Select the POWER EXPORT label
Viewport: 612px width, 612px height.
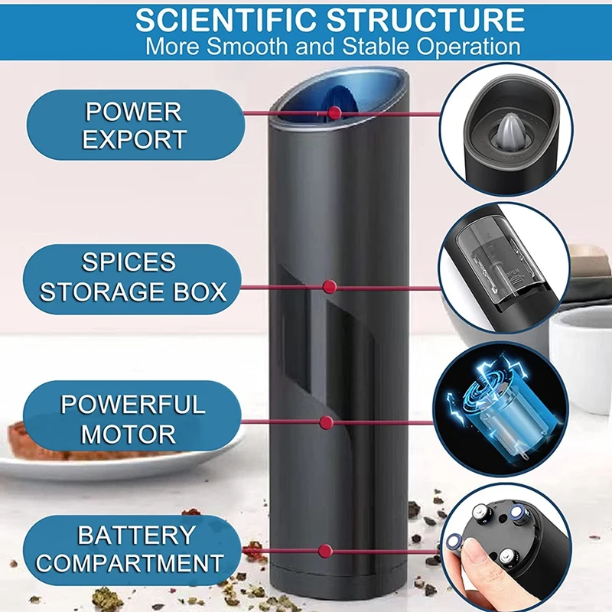click(x=135, y=125)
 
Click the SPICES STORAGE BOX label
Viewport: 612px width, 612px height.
click(x=135, y=277)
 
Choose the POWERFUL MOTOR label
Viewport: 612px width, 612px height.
click(x=135, y=419)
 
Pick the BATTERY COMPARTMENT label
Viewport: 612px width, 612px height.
click(x=130, y=549)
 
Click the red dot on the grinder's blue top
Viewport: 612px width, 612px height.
click(x=334, y=113)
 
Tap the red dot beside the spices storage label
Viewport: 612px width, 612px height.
click(x=329, y=287)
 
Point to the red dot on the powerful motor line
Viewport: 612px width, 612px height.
click(x=327, y=422)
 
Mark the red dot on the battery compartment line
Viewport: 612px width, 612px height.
click(x=324, y=550)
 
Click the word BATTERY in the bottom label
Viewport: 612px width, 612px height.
click(x=136, y=535)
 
